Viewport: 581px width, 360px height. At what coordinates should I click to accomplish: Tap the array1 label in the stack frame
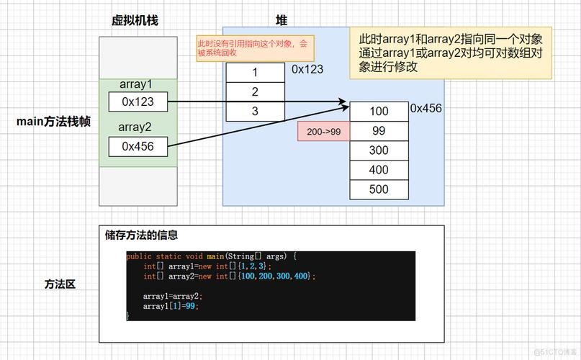click(x=136, y=85)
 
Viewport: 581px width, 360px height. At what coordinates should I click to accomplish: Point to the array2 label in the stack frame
click(x=136, y=127)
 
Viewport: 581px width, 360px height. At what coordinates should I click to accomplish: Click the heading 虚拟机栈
click(x=135, y=21)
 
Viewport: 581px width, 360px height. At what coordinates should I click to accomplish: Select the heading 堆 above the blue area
click(x=282, y=21)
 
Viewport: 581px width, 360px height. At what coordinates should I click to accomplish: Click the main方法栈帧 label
click(x=54, y=121)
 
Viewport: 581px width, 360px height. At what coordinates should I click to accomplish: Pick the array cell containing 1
click(x=255, y=73)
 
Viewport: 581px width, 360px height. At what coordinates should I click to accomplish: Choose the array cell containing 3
click(x=255, y=111)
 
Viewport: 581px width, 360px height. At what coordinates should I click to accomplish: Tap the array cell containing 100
click(x=379, y=112)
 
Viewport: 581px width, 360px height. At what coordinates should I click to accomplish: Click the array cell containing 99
click(x=379, y=131)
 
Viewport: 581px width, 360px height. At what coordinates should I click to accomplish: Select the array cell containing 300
click(x=379, y=150)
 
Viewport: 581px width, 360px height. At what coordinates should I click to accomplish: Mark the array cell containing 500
click(x=379, y=189)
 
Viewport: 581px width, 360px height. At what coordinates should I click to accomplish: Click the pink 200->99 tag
click(x=323, y=132)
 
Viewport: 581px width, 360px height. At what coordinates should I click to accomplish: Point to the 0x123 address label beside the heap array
click(x=307, y=69)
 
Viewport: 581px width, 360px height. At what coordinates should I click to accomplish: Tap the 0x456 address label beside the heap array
click(x=425, y=108)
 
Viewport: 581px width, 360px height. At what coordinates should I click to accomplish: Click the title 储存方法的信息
click(x=141, y=235)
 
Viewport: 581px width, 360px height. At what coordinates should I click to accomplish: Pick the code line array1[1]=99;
click(x=170, y=306)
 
